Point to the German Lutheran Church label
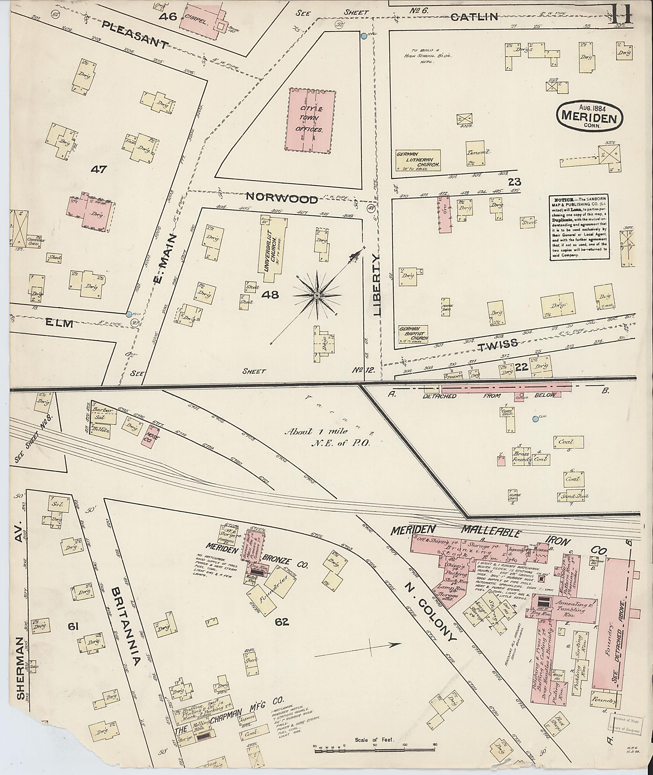point(418,160)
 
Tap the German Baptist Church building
point(413,336)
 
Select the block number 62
point(282,623)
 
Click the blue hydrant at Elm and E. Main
point(128,314)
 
